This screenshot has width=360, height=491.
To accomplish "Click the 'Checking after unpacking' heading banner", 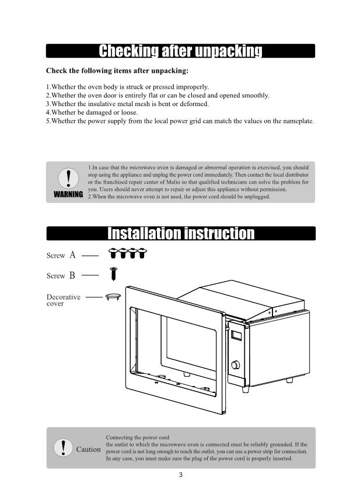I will tap(180, 51).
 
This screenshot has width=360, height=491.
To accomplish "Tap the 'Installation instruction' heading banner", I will tap(180, 234).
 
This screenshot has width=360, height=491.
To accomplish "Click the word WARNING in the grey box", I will tap(68, 194).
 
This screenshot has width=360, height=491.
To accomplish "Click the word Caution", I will tap(89, 450).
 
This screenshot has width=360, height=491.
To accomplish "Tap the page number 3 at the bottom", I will tap(181, 475).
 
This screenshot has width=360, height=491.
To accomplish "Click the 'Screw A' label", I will tap(61, 255).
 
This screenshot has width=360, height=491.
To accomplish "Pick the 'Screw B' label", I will tap(61, 275).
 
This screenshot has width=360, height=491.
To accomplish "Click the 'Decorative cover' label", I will tap(64, 300).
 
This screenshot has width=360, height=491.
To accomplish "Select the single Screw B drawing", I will tap(114, 273).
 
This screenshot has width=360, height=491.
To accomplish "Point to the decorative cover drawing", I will tap(113, 297).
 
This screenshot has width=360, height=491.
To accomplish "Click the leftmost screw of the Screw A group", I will tap(114, 253).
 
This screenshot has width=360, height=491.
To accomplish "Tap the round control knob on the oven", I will tap(236, 366).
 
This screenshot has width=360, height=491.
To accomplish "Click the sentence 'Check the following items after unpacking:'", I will tap(117, 71).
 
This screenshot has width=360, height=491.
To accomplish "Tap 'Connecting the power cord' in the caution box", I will tap(137, 437).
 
